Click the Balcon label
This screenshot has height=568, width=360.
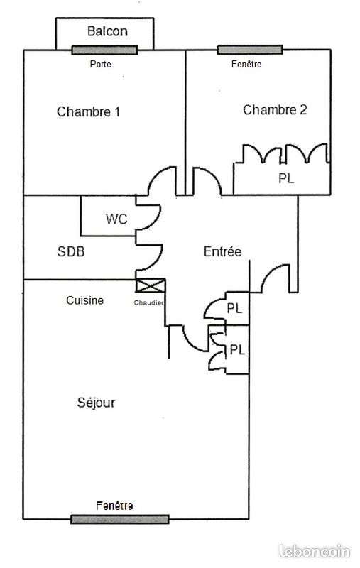point(107,31)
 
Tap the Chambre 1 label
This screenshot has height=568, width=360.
point(88,111)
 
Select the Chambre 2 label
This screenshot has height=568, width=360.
point(275,110)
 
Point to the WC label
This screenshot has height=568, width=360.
point(116,219)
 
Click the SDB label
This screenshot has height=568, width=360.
point(71,251)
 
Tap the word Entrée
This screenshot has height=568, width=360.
point(222,251)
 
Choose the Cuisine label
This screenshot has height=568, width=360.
point(84,300)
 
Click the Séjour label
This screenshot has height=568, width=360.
point(96,403)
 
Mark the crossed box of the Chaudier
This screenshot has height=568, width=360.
point(151,285)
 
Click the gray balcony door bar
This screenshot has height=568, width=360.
point(104,50)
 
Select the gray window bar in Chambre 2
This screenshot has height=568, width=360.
point(250,50)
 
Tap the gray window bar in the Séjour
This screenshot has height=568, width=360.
point(120,519)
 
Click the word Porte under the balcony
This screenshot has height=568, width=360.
point(100,64)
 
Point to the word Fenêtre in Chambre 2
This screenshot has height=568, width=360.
point(246,64)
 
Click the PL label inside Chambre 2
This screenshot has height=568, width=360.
point(286,178)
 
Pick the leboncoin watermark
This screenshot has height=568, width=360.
point(315,552)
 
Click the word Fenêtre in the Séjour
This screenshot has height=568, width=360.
point(114,506)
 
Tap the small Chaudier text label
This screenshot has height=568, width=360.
point(149,303)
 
